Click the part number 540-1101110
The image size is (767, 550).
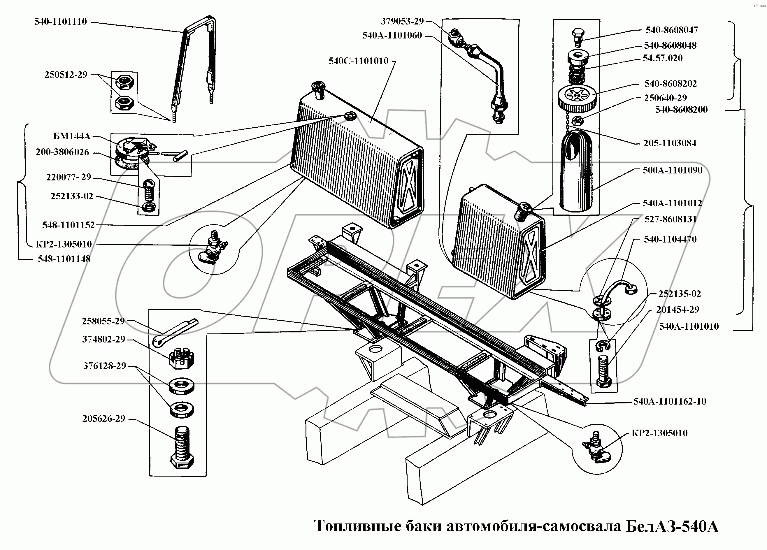pos(61,22)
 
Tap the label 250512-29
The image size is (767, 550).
pos(66,75)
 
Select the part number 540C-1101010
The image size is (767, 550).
pos(359,61)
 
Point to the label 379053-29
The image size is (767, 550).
pos(402,22)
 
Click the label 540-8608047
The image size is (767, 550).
pos(672,30)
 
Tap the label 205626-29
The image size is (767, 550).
pos(104,419)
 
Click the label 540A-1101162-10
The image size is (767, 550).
pos(670,402)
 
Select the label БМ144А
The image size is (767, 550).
pos(72,136)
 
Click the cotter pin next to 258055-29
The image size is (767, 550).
pos(174,333)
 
